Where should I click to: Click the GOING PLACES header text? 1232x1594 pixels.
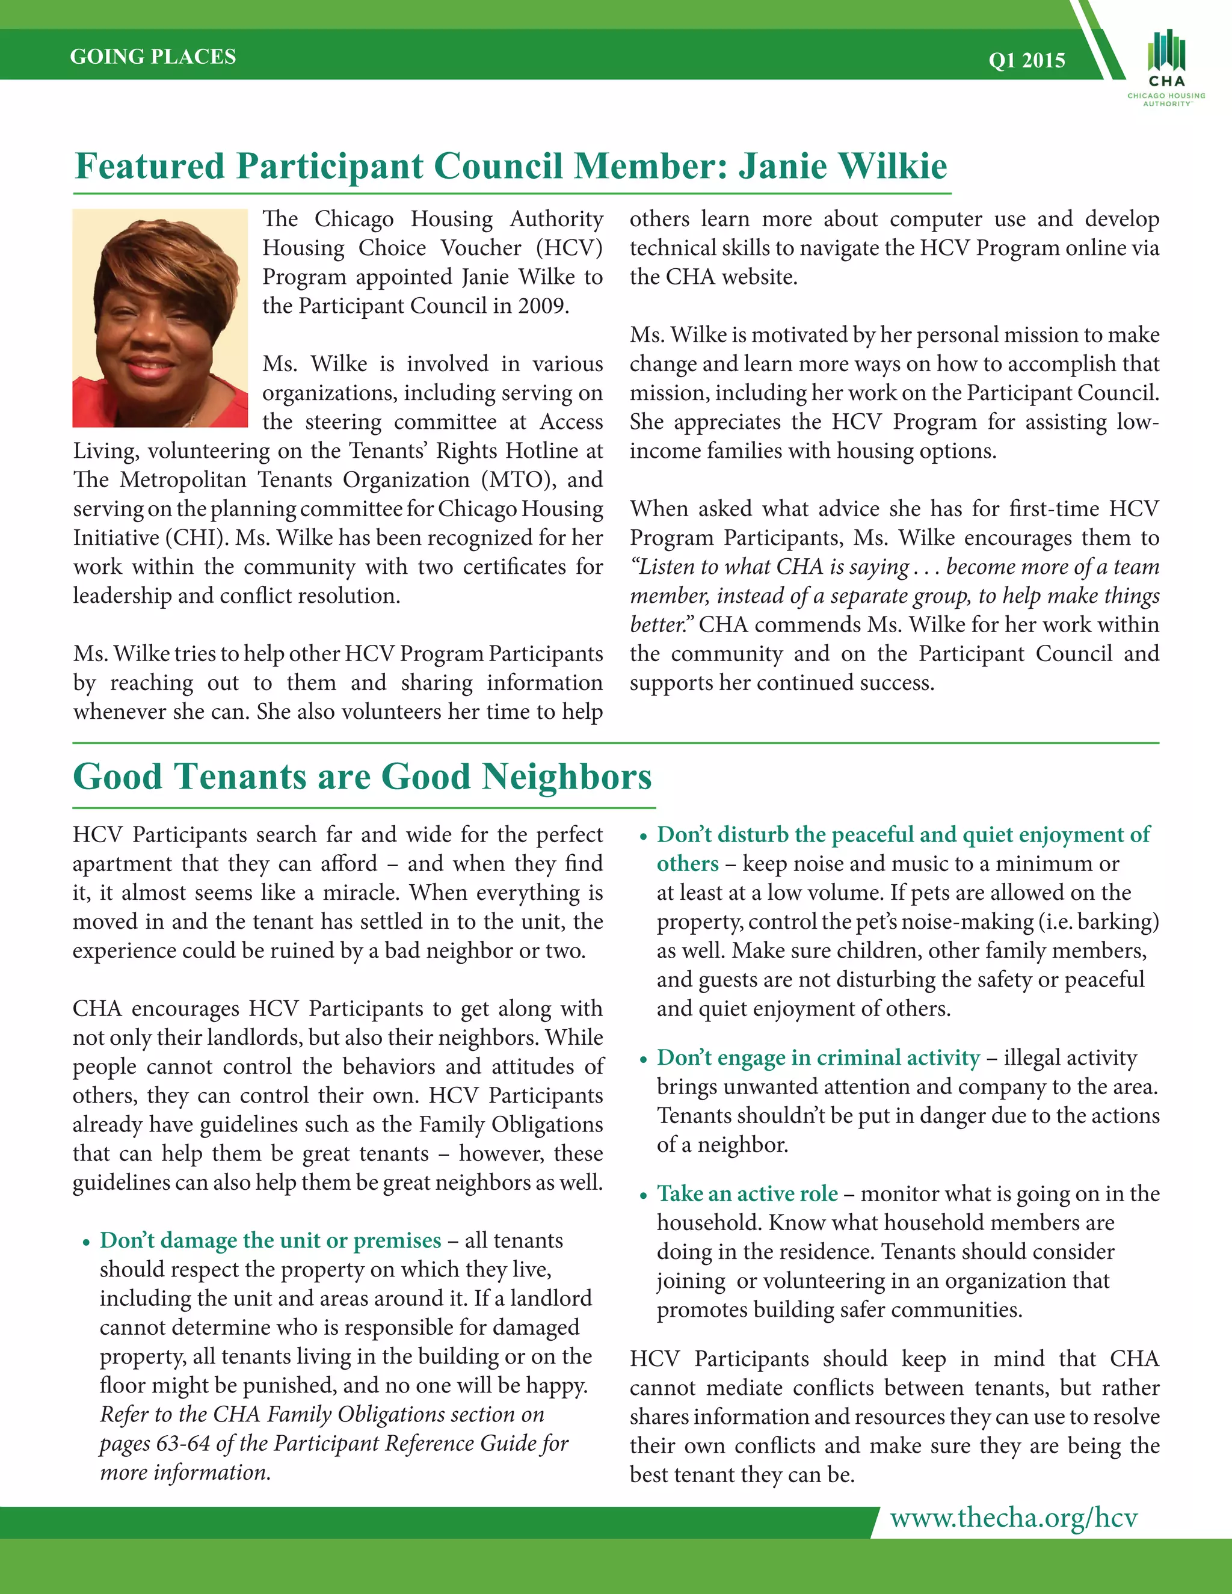[153, 57]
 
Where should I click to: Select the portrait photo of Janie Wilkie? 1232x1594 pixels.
[160, 318]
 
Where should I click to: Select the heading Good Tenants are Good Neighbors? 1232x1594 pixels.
[362, 777]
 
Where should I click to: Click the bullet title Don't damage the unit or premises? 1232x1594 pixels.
[270, 1240]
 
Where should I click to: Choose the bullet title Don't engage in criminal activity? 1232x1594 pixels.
[818, 1057]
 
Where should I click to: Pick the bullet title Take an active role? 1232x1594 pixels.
[747, 1193]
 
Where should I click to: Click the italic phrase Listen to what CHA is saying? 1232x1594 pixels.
[770, 567]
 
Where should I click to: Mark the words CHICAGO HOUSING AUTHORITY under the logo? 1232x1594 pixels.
[1166, 99]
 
